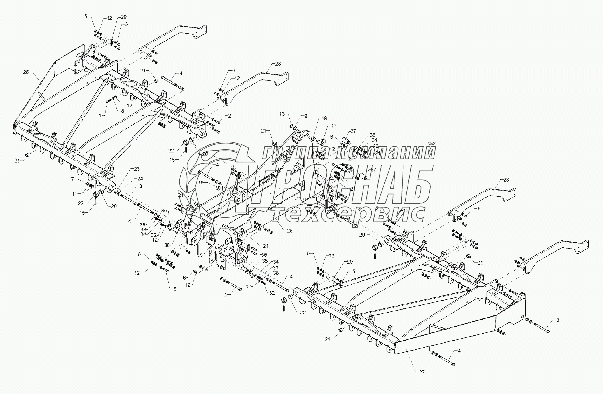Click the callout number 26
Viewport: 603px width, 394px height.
26,72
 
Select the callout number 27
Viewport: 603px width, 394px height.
422,372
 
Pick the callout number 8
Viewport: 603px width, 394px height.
122,111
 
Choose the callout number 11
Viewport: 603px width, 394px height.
75,193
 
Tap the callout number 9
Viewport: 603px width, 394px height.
305,116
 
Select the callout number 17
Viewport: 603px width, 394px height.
334,126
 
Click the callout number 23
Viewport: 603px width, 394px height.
137,169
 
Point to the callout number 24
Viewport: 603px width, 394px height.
140,178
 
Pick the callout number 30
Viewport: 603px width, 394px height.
375,146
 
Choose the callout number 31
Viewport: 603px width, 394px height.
377,153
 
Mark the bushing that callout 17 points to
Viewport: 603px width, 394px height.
322,142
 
